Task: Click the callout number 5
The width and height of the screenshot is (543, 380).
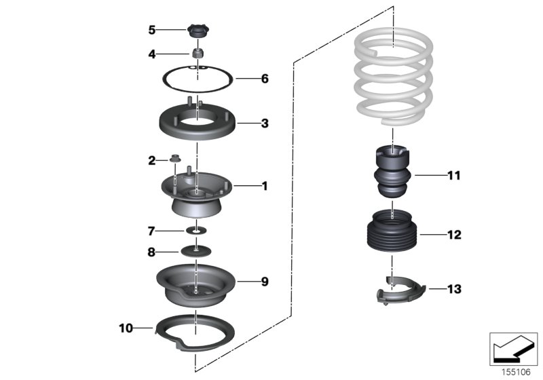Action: coord(152,30)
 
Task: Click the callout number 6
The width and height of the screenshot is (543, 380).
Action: coord(265,79)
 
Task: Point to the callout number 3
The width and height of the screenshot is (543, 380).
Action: coord(265,123)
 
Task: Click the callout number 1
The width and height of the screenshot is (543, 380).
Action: coord(265,185)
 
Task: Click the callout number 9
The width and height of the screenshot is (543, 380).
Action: coord(265,280)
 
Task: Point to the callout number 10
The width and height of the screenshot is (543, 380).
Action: coord(126,328)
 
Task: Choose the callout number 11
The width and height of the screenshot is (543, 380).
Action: coord(453,176)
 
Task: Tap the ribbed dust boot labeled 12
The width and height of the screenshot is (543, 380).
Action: coord(393,235)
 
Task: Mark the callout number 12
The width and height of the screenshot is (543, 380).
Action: coord(453,235)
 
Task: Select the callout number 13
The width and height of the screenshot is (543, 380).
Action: coord(453,290)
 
